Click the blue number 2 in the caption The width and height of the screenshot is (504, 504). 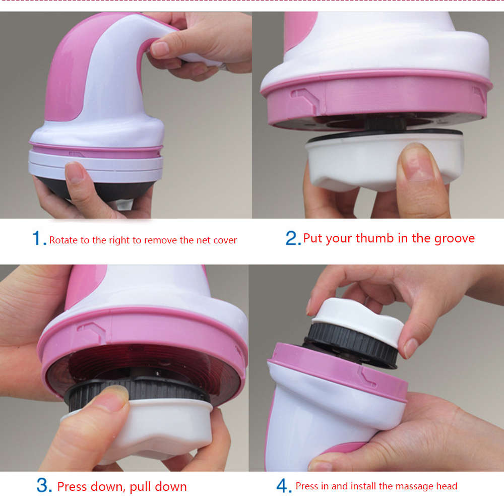point(292,238)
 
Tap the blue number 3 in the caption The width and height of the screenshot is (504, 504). point(44,486)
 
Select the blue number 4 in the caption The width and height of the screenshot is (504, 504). point(284,486)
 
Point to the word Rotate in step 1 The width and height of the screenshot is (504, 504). point(63,240)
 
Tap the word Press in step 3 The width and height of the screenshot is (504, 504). point(72,486)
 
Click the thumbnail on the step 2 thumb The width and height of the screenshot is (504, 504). point(416,161)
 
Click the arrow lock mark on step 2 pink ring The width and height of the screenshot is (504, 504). point(305,97)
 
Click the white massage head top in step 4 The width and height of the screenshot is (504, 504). point(358,313)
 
